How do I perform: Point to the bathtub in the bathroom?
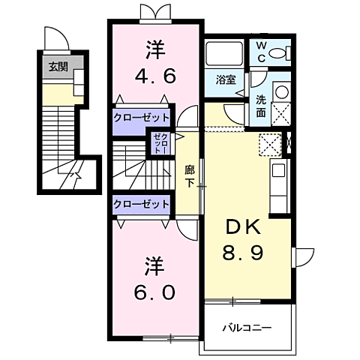tap(224, 54)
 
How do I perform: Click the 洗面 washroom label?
tap(261, 106)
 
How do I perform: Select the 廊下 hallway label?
tap(190, 175)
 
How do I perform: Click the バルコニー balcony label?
tap(246, 328)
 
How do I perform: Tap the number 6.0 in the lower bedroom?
tap(154, 290)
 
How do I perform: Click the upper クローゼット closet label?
tap(141, 118)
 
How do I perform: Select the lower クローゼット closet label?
tap(141, 202)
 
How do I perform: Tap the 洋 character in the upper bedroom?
tap(154, 50)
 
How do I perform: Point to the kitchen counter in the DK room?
tap(276, 176)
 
